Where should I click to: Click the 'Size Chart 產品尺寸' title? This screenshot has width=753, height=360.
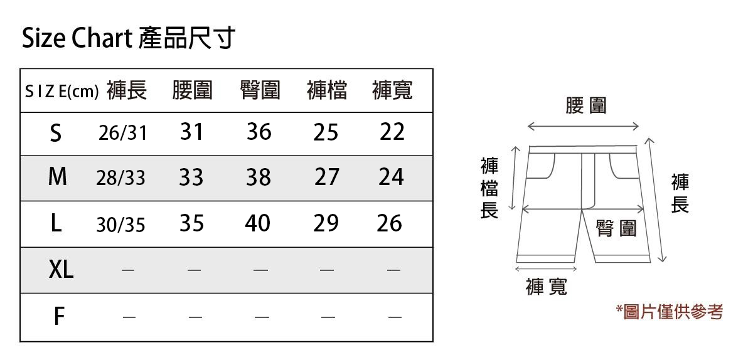pyautogui.click(x=128, y=39)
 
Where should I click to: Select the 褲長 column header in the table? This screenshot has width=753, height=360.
pyautogui.click(x=127, y=91)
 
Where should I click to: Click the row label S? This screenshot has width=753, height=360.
pyautogui.click(x=56, y=132)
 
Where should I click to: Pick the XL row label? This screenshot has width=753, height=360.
pyautogui.click(x=61, y=270)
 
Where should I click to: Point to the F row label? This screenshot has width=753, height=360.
pyautogui.click(x=58, y=316)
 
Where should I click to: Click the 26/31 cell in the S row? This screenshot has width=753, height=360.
pyautogui.click(x=122, y=133)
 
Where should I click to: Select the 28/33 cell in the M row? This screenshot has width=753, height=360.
pyautogui.click(x=120, y=178)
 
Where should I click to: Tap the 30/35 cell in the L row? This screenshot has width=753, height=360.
pyautogui.click(x=120, y=224)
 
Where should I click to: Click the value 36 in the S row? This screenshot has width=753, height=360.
pyautogui.click(x=259, y=132)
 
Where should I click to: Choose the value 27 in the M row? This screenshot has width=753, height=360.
pyautogui.click(x=326, y=177)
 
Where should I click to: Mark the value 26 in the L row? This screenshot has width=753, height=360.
pyautogui.click(x=389, y=223)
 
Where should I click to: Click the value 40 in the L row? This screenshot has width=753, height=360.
pyautogui.click(x=258, y=223)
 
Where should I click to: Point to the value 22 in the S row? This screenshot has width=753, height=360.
pyautogui.click(x=392, y=132)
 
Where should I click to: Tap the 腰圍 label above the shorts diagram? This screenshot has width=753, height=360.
pyautogui.click(x=586, y=105)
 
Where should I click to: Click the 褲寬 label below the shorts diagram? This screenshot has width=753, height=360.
pyautogui.click(x=547, y=287)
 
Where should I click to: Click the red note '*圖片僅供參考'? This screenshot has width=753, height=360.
pyautogui.click(x=670, y=311)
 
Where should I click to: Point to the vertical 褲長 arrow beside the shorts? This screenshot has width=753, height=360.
pyautogui.click(x=656, y=201)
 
